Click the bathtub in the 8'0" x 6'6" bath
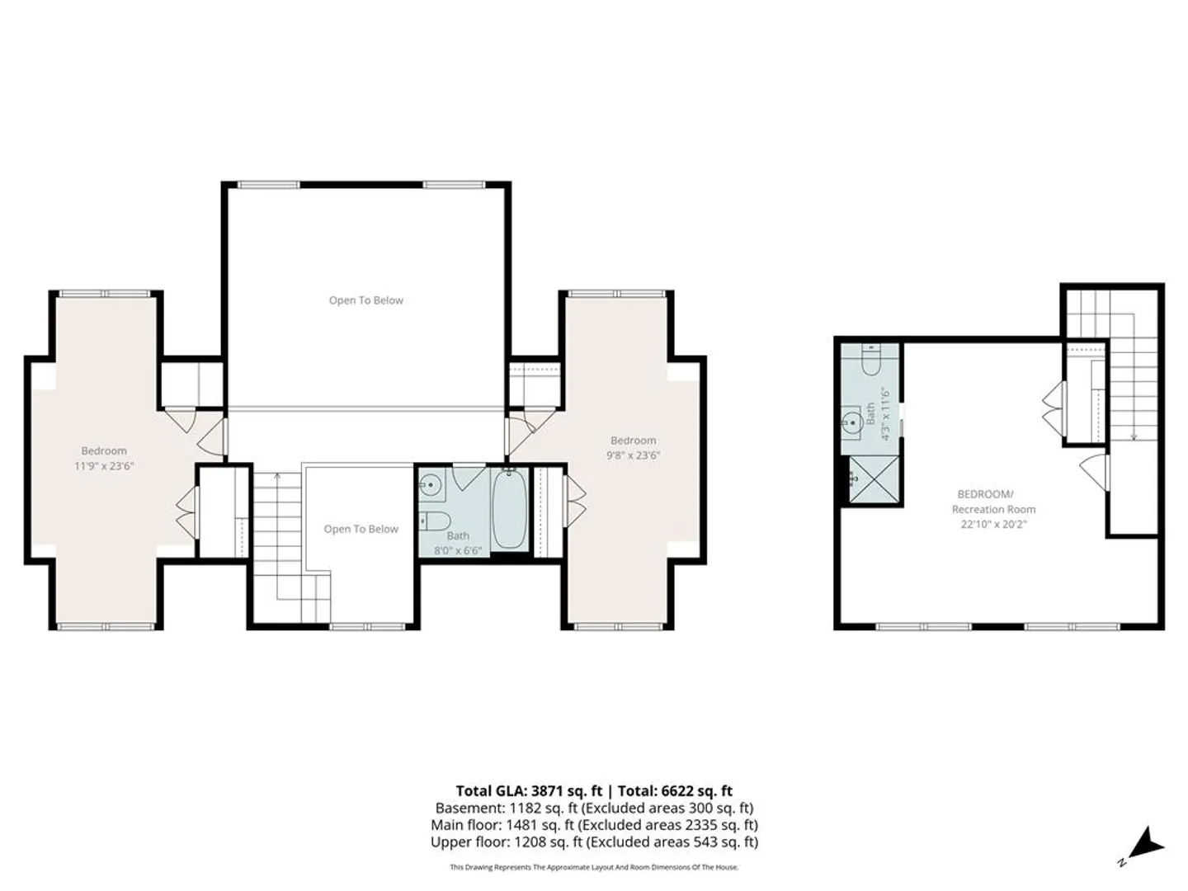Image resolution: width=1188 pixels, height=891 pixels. click(x=509, y=510)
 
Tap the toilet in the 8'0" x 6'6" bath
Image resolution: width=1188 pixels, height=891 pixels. click(x=436, y=521)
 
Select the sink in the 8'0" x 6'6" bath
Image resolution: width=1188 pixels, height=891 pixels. click(x=431, y=484)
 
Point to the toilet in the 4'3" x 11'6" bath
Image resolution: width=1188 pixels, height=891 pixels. click(x=871, y=359)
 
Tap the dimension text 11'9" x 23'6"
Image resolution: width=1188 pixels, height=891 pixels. click(x=104, y=466)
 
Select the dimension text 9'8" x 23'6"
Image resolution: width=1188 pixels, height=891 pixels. click(x=634, y=455)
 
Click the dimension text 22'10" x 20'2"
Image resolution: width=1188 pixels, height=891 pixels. click(x=993, y=524)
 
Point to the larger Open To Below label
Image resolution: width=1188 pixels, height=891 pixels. click(x=365, y=300)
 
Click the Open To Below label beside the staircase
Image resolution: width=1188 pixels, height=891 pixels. click(x=361, y=529)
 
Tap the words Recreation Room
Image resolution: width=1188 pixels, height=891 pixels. click(x=993, y=509)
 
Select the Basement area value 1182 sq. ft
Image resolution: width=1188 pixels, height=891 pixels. click(x=543, y=808)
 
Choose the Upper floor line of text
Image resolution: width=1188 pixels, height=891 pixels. click(x=594, y=841)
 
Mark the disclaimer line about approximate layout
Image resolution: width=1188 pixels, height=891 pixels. click(x=594, y=867)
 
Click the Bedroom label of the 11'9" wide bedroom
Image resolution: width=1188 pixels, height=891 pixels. click(x=104, y=450)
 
